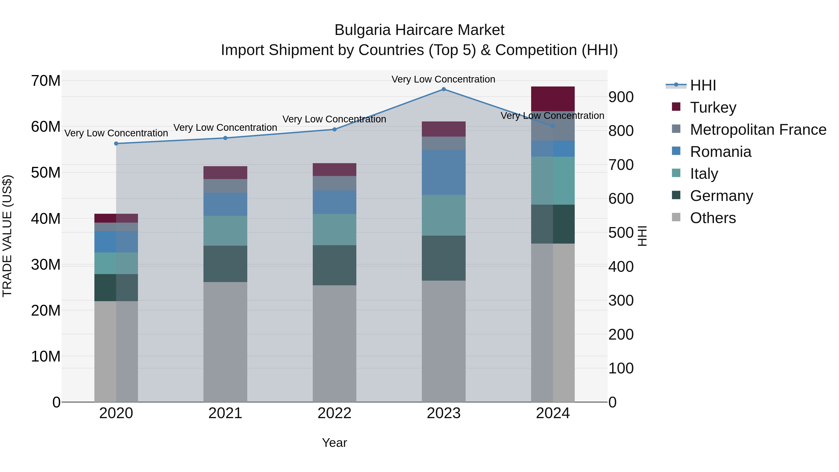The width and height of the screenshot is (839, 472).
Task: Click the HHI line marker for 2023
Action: pyautogui.click(x=443, y=89)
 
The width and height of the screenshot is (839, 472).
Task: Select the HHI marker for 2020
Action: pyautogui.click(x=116, y=144)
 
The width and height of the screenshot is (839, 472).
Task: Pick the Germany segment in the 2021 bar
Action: pyautogui.click(x=225, y=264)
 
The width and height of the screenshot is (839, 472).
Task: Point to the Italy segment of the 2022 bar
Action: pyautogui.click(x=334, y=229)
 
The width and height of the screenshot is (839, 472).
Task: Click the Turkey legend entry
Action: pyautogui.click(x=713, y=107)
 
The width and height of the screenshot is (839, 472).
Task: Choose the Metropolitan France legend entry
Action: pyautogui.click(x=758, y=130)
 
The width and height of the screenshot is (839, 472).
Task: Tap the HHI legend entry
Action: pyautogui.click(x=703, y=85)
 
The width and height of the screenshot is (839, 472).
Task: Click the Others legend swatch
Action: pyautogui.click(x=676, y=217)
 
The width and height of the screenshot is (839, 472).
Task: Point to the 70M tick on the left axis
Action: pyautogui.click(x=46, y=81)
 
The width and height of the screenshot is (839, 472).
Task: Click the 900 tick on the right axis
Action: pyautogui.click(x=621, y=97)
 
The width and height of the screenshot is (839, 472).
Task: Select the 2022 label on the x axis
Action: pyautogui.click(x=334, y=413)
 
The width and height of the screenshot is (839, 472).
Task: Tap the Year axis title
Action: pyautogui.click(x=334, y=443)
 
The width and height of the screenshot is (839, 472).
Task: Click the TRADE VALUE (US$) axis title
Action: pyautogui.click(x=7, y=236)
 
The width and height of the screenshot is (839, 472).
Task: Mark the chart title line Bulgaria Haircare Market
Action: pyautogui.click(x=419, y=30)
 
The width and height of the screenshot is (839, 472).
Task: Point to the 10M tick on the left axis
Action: pyautogui.click(x=46, y=356)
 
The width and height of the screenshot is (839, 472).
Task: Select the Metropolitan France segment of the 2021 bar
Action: pyautogui.click(x=225, y=186)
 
